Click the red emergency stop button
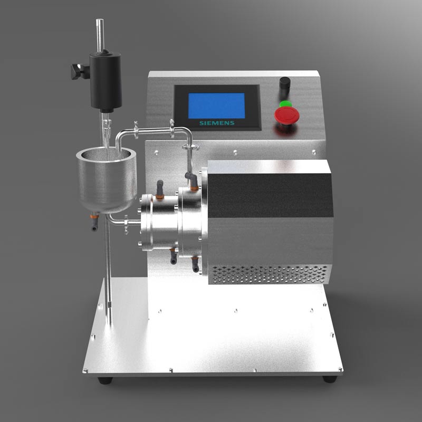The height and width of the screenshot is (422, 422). point(286,114)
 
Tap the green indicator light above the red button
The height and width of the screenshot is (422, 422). point(285,103)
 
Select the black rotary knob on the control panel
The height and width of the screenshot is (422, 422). point(285,83)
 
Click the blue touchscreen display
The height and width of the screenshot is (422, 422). point(216,106)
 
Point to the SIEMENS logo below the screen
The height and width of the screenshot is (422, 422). point(217,123)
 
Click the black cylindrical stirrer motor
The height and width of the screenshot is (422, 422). point(105,81)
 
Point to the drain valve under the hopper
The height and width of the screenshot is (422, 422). point(94,221)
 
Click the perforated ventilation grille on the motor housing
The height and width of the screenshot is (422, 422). point(270,274)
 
